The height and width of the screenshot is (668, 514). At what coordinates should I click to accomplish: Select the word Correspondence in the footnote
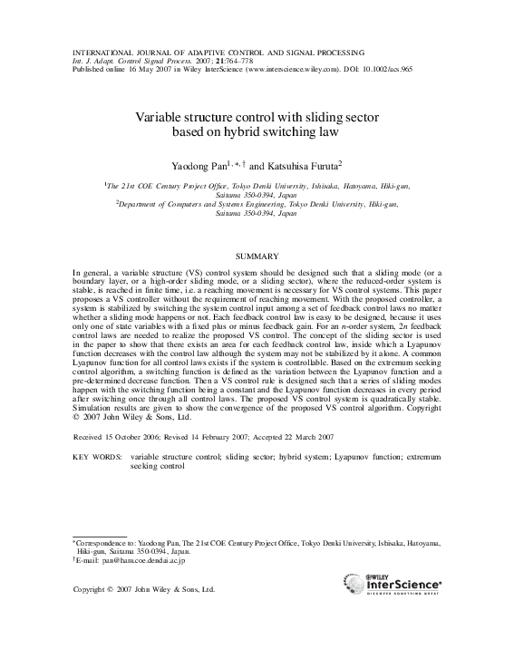point(103,541)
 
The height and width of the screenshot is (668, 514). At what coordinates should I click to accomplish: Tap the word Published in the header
point(88,67)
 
